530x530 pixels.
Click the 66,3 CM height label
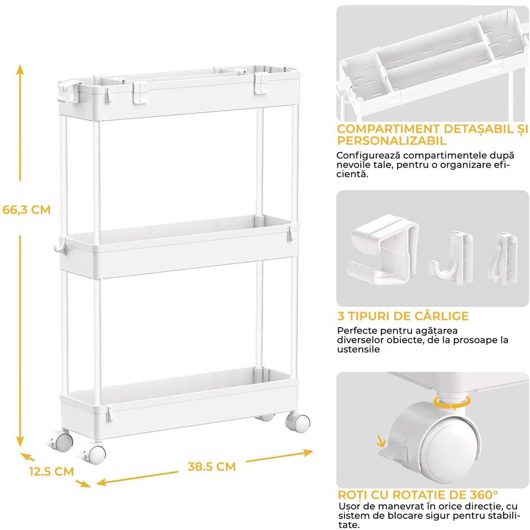[26, 210]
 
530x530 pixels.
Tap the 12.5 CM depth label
[51, 471]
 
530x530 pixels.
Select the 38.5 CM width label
[212, 466]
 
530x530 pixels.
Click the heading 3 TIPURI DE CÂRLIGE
[403, 316]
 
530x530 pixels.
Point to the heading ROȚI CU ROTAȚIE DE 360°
[418, 495]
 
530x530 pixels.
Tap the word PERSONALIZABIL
[392, 141]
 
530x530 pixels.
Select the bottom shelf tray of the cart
[178, 405]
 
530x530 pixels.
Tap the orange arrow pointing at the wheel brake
[381, 440]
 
